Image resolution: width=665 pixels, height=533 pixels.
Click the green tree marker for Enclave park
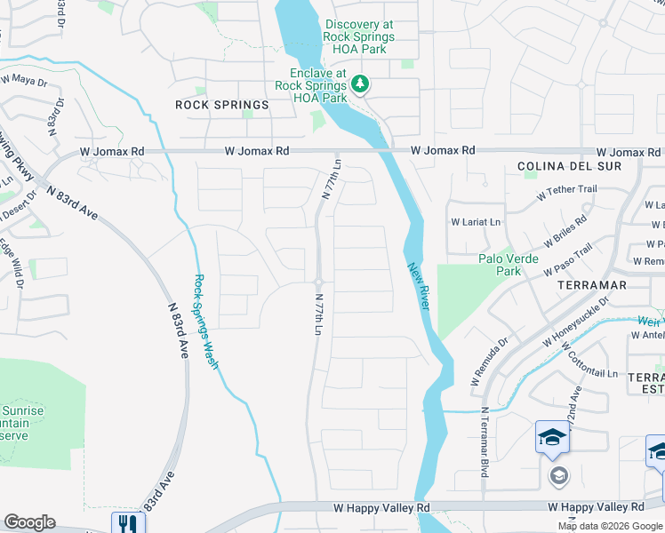[360, 84]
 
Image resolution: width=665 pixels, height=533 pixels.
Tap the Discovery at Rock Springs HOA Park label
[359, 31]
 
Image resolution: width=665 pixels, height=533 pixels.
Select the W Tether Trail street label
[567, 190]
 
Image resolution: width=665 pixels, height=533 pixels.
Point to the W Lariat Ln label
[477, 221]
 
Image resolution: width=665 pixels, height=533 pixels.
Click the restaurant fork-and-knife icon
[127, 523]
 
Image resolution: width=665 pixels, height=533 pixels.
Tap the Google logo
[30, 521]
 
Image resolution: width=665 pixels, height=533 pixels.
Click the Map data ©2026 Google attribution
[610, 526]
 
